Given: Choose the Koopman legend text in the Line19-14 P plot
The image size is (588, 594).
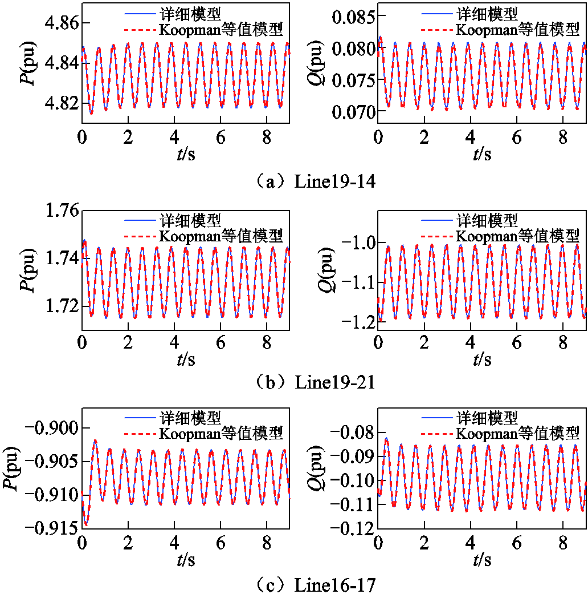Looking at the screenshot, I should click(x=220, y=28).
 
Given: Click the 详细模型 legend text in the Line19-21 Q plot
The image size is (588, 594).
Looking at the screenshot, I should click(x=487, y=220).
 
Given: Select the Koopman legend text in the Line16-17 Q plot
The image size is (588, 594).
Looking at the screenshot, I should click(x=517, y=433).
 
